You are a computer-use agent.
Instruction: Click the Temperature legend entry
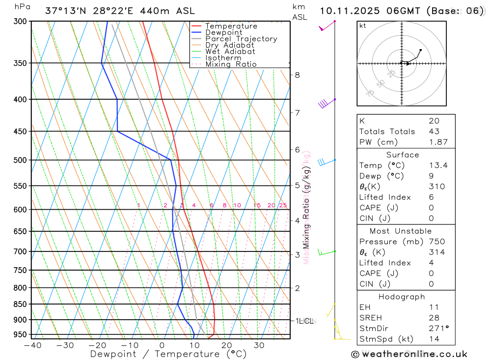point(231,26)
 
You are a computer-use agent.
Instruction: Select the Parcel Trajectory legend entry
point(241,39)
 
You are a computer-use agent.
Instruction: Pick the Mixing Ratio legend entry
point(231,64)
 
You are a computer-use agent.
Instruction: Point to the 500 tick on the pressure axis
point(20,160)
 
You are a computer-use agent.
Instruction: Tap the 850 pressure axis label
point(20,305)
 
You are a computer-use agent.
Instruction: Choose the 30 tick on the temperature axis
point(259,345)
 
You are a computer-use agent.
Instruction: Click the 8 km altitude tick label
point(297,75)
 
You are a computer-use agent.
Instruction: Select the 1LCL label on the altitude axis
point(304,321)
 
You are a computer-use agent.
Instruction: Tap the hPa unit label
point(22,7)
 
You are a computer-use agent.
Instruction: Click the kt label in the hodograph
point(363,26)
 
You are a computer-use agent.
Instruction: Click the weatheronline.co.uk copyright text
point(409,354)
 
